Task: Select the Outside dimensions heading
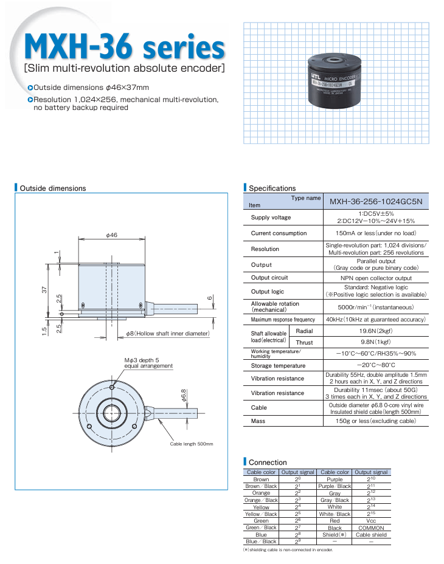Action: [52, 188]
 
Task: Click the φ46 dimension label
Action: [111, 235]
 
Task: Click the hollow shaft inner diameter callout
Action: [168, 334]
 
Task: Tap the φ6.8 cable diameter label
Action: [182, 395]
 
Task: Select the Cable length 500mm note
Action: [192, 444]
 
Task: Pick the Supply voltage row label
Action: [271, 218]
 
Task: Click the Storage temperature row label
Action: [278, 366]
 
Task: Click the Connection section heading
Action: [268, 463]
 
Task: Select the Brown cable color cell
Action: [261, 480]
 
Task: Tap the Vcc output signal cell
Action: [371, 521]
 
